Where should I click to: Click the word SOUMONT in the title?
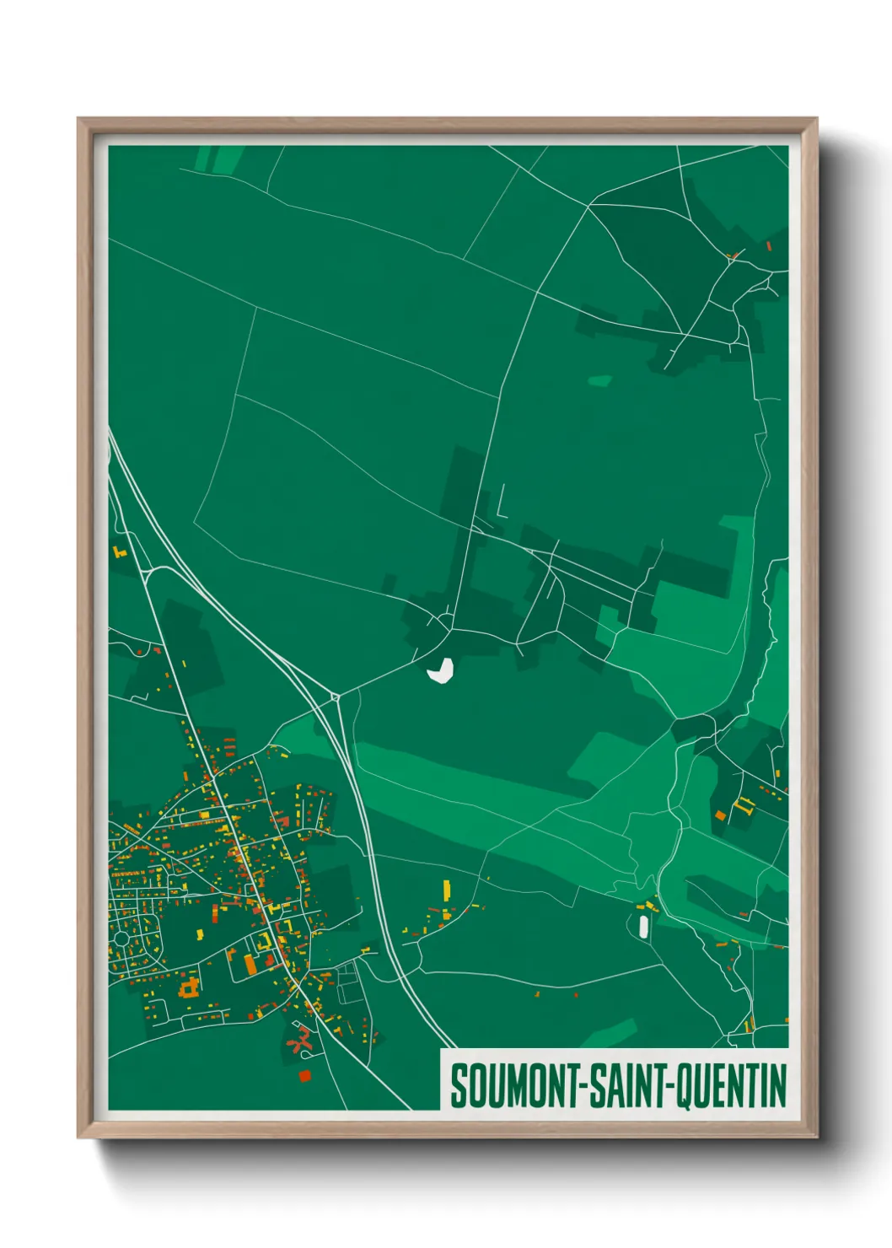click(x=513, y=1085)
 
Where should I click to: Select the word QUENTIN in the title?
click(x=732, y=1085)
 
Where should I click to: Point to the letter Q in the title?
click(x=684, y=1086)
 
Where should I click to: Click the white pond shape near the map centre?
click(x=441, y=670)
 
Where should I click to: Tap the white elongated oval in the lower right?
click(x=644, y=927)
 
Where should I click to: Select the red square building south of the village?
click(x=304, y=1075)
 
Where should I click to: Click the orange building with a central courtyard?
click(x=190, y=986)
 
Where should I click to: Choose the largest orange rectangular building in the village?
click(x=250, y=964)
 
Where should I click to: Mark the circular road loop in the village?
click(x=121, y=938)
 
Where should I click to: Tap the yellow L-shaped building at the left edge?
click(x=118, y=552)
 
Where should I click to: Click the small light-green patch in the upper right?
click(x=599, y=381)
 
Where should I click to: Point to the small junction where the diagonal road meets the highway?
click(x=336, y=697)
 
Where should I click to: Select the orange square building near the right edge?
click(x=720, y=815)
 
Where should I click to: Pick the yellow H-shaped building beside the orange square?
click(x=743, y=805)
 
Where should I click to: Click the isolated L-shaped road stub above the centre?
click(x=501, y=503)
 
